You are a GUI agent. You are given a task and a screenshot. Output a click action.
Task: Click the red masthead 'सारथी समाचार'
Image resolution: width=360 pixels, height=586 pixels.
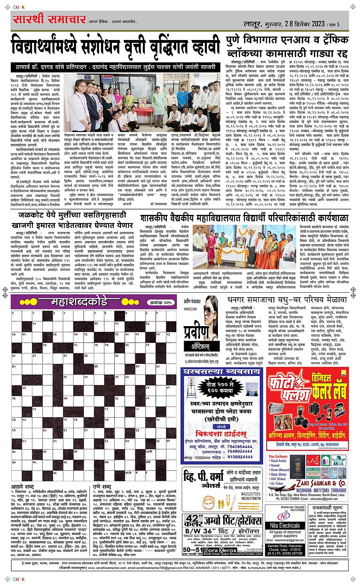click(49, 19)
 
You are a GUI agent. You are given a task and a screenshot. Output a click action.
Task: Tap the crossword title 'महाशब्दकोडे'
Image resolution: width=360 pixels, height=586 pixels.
click(79, 303)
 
